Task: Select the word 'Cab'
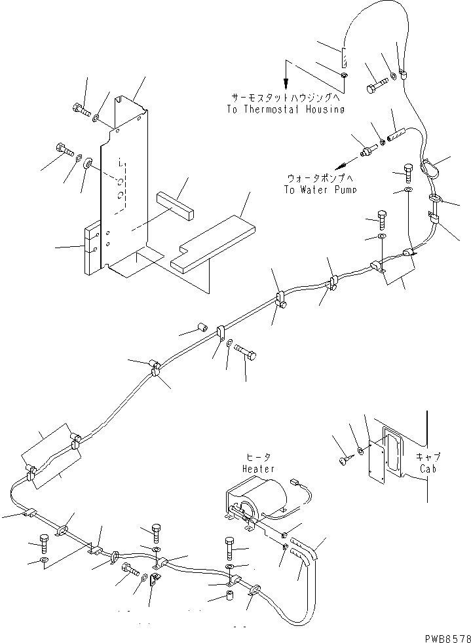428,469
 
